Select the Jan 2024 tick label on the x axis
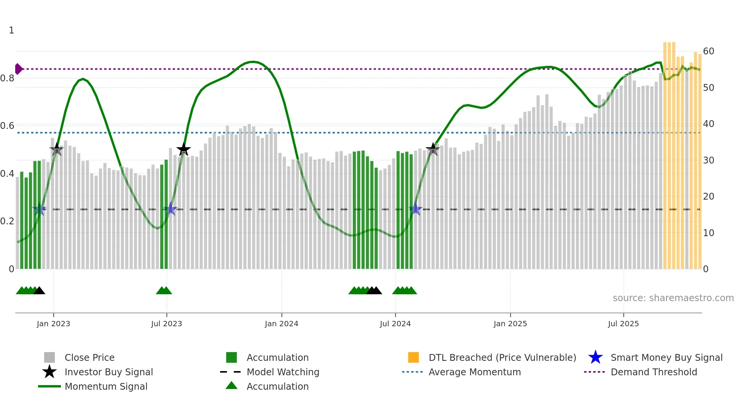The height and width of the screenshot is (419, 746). [281, 324]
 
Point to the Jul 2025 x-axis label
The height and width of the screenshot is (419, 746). [623, 324]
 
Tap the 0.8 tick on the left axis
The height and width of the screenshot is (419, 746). [7, 78]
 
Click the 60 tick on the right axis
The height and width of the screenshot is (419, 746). [708, 51]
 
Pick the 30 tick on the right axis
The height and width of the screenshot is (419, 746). [708, 160]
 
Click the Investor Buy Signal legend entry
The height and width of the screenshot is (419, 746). [108, 372]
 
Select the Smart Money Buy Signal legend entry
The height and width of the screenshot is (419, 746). [666, 357]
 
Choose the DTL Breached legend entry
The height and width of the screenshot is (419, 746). [502, 357]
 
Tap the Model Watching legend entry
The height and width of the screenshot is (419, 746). [282, 372]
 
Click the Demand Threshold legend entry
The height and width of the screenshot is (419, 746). [654, 372]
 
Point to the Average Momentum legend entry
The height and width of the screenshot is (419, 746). [474, 372]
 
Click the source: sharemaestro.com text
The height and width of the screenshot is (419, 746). [673, 298]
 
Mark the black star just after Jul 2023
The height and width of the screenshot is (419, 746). [183, 149]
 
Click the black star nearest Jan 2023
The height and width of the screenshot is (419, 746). [57, 149]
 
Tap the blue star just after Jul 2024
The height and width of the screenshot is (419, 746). [416, 209]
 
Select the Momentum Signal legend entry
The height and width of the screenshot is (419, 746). [106, 386]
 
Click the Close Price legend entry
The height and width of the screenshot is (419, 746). [89, 357]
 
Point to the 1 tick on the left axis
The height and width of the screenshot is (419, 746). [11, 30]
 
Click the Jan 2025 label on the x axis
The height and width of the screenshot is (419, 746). [510, 324]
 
